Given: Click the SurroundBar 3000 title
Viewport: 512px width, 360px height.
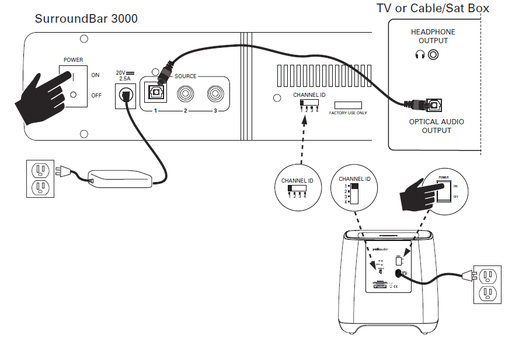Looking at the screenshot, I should click(86, 19).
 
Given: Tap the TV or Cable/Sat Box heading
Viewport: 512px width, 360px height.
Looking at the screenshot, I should click(433, 8).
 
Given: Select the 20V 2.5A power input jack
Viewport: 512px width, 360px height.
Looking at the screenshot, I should click(125, 94).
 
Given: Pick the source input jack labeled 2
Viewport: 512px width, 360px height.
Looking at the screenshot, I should click(186, 93).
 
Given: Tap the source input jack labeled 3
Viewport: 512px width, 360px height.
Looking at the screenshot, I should click(214, 93).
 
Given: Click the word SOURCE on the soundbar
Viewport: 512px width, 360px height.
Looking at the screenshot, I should click(186, 76).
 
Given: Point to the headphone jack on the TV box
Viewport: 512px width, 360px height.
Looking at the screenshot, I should click(433, 55).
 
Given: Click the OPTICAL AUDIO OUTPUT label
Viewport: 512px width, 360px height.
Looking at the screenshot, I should click(436, 126).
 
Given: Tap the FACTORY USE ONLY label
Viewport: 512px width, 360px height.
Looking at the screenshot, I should click(348, 113).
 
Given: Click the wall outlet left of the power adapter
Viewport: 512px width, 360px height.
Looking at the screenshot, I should click(40, 178).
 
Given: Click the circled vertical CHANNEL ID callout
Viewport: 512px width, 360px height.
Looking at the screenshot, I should click(354, 190).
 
